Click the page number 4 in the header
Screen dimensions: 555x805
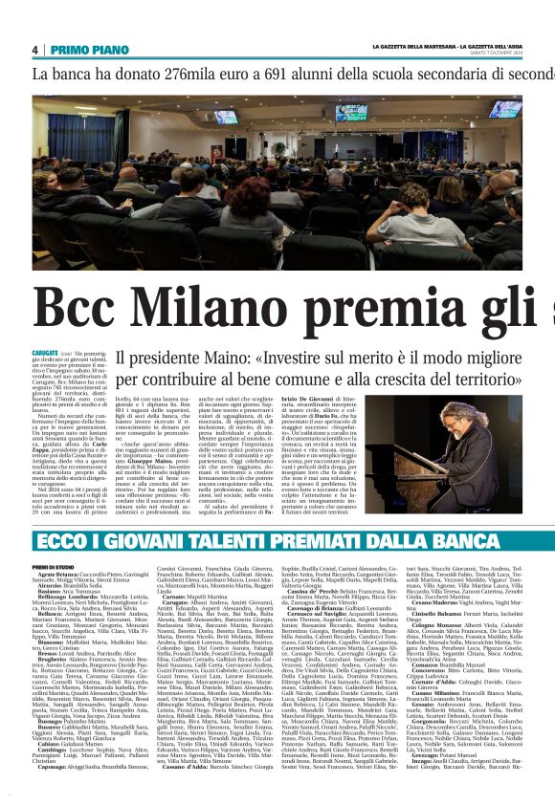(x=34, y=50)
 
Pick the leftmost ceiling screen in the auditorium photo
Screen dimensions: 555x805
(x=226, y=117)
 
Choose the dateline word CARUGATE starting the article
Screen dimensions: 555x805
(x=47, y=353)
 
